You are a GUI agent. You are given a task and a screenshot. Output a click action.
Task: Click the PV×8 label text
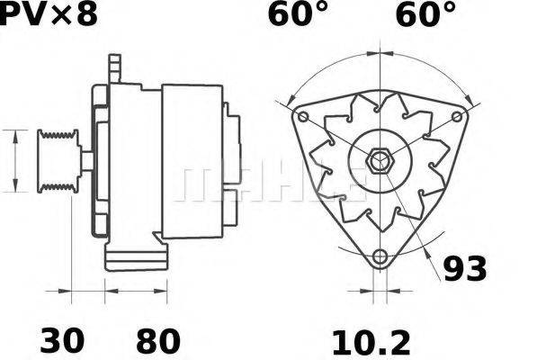coord(49,14)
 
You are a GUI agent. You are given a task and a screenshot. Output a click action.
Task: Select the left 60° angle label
coord(297,14)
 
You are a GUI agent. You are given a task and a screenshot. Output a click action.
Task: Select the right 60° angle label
coord(425,14)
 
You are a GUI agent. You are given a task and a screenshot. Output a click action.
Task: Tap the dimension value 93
coord(465,268)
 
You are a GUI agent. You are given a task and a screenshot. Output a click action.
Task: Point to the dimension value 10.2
coord(371,343)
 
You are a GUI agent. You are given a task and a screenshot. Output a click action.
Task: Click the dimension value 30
coord(62,341)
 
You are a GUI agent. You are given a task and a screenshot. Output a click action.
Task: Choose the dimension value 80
coord(158,341)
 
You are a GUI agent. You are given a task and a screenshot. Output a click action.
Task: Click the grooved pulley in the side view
coord(58,161)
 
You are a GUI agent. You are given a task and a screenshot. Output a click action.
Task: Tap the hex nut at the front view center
coord(380,160)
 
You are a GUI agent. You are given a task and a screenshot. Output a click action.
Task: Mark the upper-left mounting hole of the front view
coord(303,117)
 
